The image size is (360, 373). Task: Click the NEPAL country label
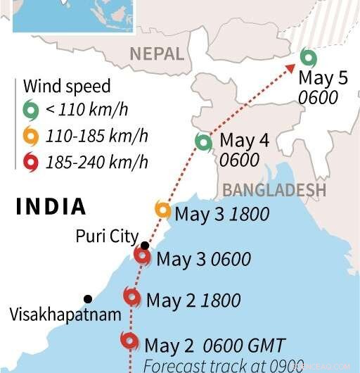tap(156, 53)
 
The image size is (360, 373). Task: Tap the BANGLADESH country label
tap(274, 190)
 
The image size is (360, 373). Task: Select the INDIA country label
tap(51, 207)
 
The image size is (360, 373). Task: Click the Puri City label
tap(106, 236)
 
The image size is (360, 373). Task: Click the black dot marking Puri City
tap(144, 246)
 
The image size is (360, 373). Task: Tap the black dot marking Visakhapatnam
tap(88, 298)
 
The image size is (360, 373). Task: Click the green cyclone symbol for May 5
tap(306, 57)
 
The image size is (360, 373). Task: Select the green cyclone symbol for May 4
tap(204, 143)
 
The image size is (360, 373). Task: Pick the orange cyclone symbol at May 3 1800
tap(162, 210)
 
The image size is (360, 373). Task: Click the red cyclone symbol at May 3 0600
tap(143, 257)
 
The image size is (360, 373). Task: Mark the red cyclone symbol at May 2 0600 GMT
tap(129, 342)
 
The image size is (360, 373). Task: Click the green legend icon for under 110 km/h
tap(30, 109)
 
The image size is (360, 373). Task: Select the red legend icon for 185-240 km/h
tap(30, 162)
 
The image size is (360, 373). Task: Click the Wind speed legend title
tap(67, 87)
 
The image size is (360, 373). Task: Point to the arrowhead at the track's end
tap(292, 67)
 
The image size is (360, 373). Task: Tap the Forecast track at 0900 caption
tap(224, 365)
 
